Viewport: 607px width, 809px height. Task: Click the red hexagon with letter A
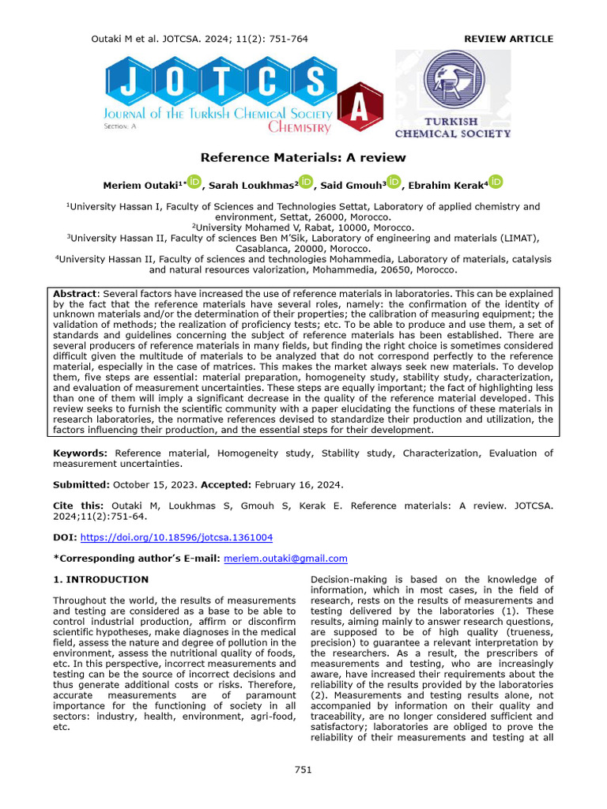click(x=359, y=111)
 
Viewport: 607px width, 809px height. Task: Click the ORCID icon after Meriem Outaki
click(x=195, y=183)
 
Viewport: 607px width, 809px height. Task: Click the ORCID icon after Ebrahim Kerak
click(x=496, y=183)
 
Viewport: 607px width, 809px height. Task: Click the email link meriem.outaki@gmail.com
click(x=285, y=559)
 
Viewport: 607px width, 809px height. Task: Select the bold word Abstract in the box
click(x=76, y=292)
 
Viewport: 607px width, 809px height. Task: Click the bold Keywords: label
click(x=80, y=453)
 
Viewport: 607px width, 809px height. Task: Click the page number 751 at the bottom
click(x=303, y=769)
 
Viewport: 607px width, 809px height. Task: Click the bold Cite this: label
click(x=77, y=505)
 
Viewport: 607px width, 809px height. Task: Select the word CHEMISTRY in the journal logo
click(x=300, y=126)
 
